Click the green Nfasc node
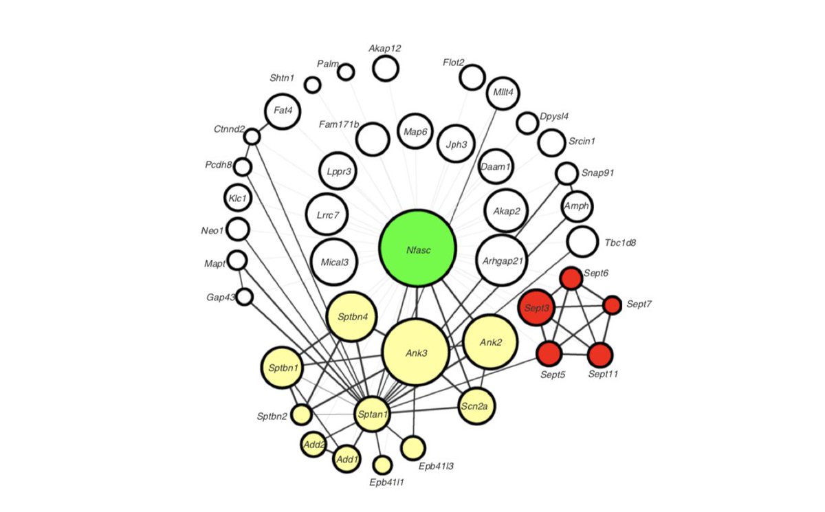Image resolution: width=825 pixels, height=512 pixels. [x=417, y=249]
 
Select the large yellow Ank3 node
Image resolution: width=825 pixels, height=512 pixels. [x=415, y=352]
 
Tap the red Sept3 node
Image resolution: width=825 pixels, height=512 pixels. [x=536, y=308]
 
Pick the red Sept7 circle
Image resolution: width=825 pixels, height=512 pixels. [x=612, y=304]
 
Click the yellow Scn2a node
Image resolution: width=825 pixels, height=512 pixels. [x=476, y=407]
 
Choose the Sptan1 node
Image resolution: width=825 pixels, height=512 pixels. [x=373, y=414]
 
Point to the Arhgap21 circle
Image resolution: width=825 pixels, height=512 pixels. [x=501, y=260]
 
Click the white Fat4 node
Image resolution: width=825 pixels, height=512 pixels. [x=282, y=111]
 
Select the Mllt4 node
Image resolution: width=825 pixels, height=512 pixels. [x=503, y=93]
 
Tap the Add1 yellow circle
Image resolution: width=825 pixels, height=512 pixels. [x=346, y=458]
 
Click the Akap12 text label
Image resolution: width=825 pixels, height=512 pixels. [x=384, y=48]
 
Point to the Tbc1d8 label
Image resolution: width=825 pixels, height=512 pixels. [x=620, y=243]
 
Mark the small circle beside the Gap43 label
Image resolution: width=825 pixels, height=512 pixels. [x=245, y=297]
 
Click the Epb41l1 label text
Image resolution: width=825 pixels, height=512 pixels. [x=386, y=482]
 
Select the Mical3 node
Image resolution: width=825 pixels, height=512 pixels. [x=334, y=262]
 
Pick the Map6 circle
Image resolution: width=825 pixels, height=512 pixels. [x=415, y=131]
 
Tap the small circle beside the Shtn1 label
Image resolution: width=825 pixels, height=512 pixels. [x=313, y=85]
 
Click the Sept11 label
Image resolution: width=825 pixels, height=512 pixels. [x=604, y=375]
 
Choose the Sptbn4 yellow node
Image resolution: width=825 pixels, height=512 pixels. [x=352, y=317]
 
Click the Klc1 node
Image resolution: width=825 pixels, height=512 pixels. [x=238, y=199]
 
